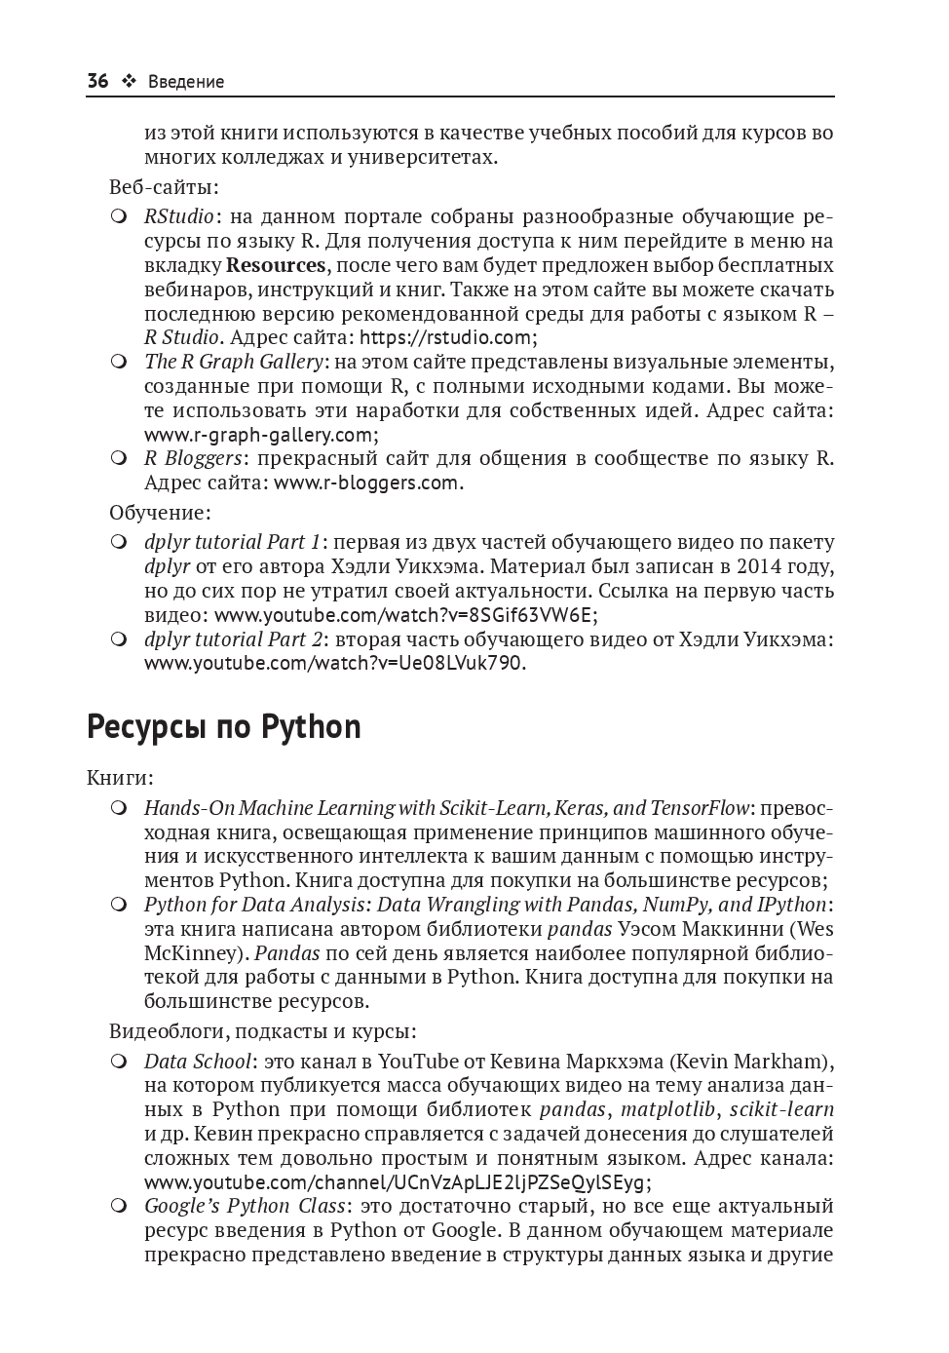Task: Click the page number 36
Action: click(x=97, y=81)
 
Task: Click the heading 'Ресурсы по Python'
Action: click(x=223, y=727)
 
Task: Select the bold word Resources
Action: click(x=276, y=265)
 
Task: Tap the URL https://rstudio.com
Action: click(x=445, y=337)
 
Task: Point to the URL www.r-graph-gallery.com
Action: click(x=258, y=435)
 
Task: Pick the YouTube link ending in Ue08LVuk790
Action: click(x=333, y=663)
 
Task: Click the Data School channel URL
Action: click(x=394, y=1182)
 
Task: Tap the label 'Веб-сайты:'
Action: click(x=164, y=186)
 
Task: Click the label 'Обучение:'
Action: click(x=160, y=512)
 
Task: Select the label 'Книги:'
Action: click(x=120, y=778)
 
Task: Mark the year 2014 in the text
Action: click(x=759, y=566)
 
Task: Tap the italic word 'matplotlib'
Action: click(x=667, y=1109)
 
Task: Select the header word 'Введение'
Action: click(x=186, y=82)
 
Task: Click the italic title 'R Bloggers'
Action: click(x=193, y=458)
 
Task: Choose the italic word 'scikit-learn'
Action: click(x=781, y=1109)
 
